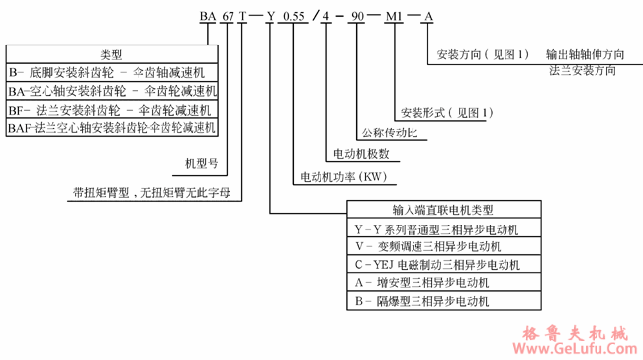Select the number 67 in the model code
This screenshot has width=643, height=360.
pyautogui.click(x=230, y=18)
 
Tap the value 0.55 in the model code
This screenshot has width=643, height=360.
pyautogui.click(x=294, y=18)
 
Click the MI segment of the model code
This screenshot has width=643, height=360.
pyautogui.click(x=394, y=18)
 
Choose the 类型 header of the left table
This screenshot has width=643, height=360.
pyautogui.click(x=112, y=53)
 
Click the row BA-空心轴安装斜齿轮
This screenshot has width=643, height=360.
pyautogui.click(x=112, y=91)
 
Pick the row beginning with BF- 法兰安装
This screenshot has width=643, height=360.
pyautogui.click(x=112, y=110)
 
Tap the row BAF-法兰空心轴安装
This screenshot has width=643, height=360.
pyautogui.click(x=112, y=128)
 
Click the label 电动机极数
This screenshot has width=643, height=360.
pyautogui.click(x=361, y=154)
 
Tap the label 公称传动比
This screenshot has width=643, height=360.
pyautogui.click(x=388, y=132)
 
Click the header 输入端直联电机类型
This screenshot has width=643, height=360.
pyautogui.click(x=442, y=210)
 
